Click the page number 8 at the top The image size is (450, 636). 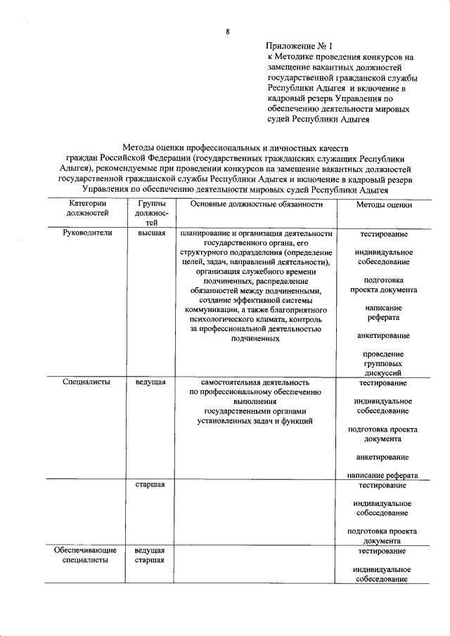227,32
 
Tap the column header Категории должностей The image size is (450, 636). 87,208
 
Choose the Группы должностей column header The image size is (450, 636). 148,213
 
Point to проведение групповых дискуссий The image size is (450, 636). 383,364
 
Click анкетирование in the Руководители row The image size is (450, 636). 383,335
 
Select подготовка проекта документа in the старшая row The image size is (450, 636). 383,536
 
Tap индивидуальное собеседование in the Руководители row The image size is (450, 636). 383,257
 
